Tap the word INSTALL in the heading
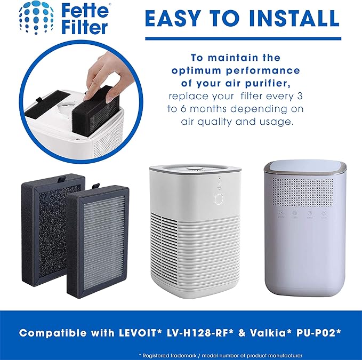285,19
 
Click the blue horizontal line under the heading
242,38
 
